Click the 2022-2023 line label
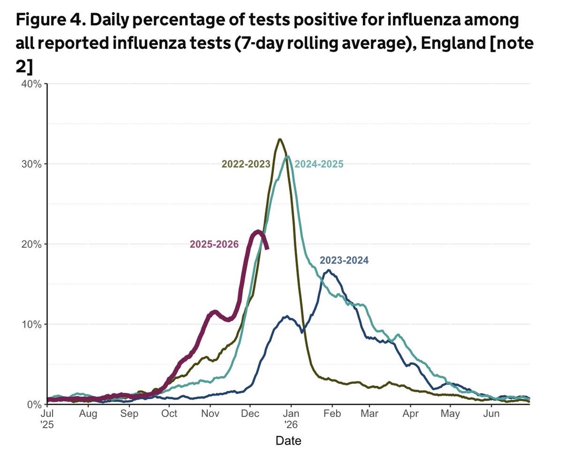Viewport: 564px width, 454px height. coord(246,164)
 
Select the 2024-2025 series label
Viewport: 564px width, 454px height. coord(319,164)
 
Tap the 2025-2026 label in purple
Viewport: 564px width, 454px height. coord(214,244)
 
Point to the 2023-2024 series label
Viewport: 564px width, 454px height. coord(344,260)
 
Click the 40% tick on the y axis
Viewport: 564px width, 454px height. coord(32,84)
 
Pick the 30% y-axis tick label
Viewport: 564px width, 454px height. coord(32,164)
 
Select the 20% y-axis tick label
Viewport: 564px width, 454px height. coord(32,244)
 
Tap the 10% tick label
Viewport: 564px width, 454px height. coord(32,325)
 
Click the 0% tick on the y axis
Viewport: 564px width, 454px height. coord(35,405)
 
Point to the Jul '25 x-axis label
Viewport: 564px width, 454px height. coord(47,418)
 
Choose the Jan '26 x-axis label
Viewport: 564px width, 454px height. coord(291,418)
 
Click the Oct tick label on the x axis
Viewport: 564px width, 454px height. coord(169,414)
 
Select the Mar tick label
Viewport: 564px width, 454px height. coord(369,414)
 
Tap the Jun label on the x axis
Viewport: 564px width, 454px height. coord(492,414)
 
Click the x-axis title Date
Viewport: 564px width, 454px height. coord(289,441)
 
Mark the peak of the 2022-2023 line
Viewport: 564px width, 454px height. coord(280,139)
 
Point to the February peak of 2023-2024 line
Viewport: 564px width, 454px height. coord(329,271)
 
